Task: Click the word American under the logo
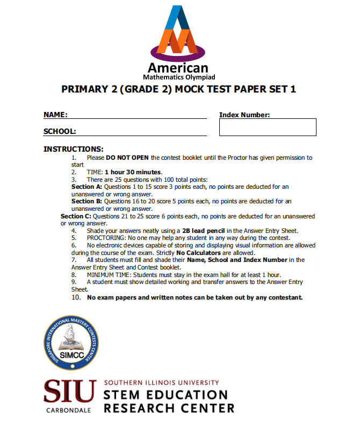coord(178,68)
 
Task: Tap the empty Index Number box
coord(268,127)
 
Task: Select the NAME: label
coord(55,115)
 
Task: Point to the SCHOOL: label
coord(60,131)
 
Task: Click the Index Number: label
coord(244,115)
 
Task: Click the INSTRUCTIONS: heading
coord(73,149)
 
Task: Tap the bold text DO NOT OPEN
coord(128,158)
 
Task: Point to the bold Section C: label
coord(76,216)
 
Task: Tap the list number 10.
coord(76,297)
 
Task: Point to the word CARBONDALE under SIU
coord(70,410)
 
